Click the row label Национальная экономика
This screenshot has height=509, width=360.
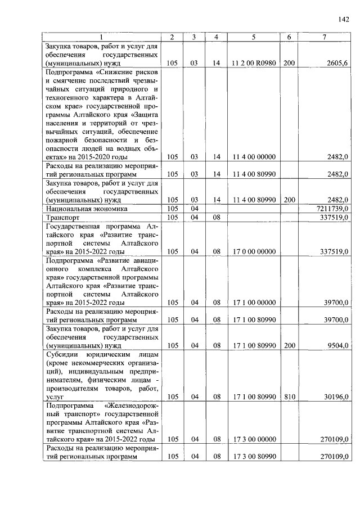[87, 208]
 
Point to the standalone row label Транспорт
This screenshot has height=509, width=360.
[62, 217]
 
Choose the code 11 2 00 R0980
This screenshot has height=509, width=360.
[254, 64]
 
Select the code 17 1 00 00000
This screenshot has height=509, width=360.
[254, 303]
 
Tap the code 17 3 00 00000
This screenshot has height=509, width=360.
[254, 439]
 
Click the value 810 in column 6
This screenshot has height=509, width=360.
[289, 397]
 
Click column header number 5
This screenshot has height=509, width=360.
[254, 37]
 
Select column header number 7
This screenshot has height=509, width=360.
[324, 37]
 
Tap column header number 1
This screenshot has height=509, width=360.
[102, 37]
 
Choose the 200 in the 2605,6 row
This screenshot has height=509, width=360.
[289, 64]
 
